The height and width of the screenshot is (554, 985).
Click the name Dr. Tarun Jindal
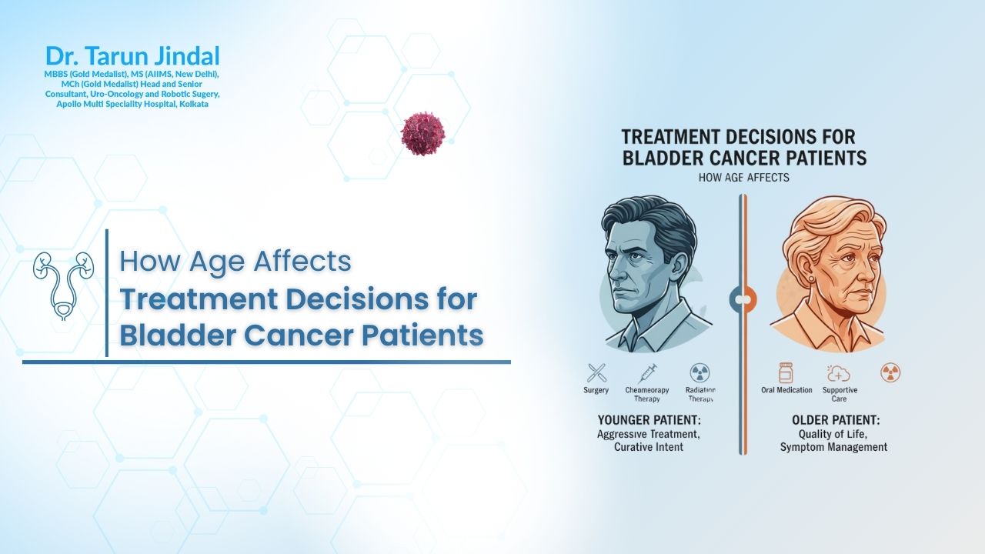(x=132, y=56)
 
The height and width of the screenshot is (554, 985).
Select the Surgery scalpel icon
(x=596, y=373)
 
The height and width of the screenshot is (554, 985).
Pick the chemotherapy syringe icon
(x=647, y=373)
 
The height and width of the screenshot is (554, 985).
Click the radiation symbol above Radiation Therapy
(x=700, y=373)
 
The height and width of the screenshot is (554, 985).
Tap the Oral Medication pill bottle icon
(x=786, y=373)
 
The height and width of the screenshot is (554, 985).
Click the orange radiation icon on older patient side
(x=890, y=373)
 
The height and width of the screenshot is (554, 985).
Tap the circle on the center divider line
(x=743, y=299)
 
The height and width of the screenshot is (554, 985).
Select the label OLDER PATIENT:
(x=835, y=421)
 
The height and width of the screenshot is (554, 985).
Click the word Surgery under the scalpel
(x=596, y=390)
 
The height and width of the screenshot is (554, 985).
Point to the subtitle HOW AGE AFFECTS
(x=743, y=178)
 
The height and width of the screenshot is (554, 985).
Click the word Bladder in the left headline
(x=171, y=335)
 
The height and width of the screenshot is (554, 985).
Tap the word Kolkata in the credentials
(x=193, y=103)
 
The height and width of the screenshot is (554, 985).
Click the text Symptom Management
(x=833, y=447)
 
